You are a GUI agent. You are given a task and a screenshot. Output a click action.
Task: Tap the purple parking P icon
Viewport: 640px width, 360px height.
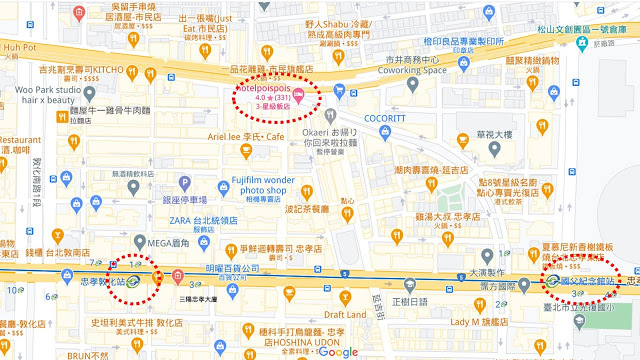coord(184,182)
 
